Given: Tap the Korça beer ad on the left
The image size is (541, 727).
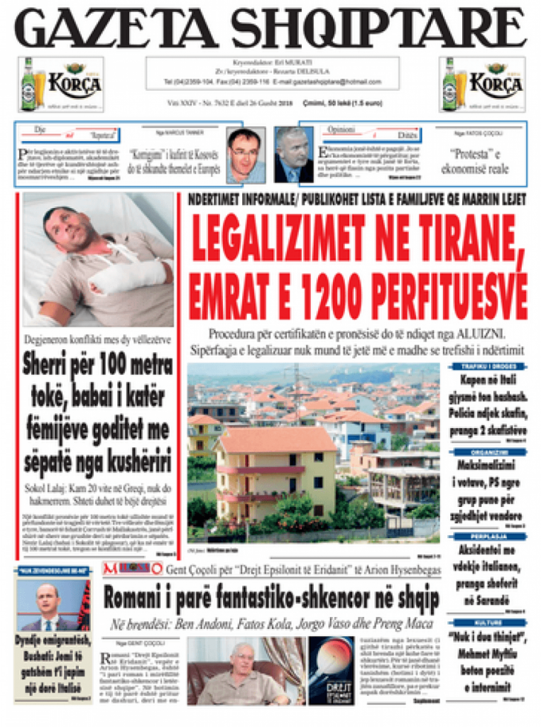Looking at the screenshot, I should click(x=60, y=84).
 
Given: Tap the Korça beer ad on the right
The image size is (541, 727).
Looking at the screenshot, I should click(x=482, y=84).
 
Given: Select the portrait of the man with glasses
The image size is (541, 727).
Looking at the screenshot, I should click(x=244, y=155).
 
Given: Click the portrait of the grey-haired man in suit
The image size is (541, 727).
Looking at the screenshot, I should click(x=293, y=155).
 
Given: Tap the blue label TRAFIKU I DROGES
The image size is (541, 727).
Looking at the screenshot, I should click(x=488, y=367).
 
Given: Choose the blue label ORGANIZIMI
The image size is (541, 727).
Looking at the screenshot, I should click(x=488, y=452).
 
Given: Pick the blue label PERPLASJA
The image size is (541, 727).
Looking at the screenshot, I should click(x=488, y=536).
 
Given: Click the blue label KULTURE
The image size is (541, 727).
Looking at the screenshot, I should click(x=488, y=621).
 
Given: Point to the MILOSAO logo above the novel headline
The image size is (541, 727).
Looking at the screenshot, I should click(x=132, y=568).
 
